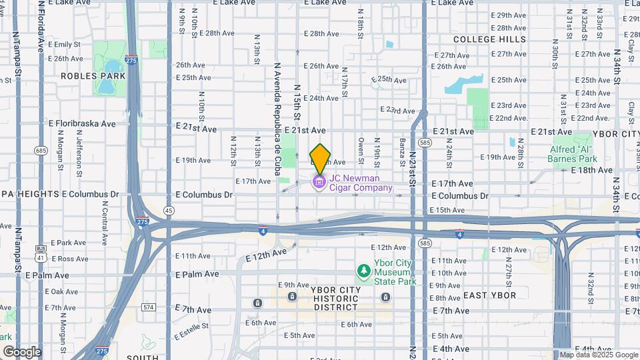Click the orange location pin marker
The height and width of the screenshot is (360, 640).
pyautogui.click(x=320, y=159)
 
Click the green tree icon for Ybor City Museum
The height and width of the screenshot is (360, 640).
pyautogui.click(x=363, y=271)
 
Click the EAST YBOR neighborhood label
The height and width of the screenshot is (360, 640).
pyautogui.click(x=489, y=295)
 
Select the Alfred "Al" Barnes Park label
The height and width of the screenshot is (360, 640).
pyautogui.click(x=571, y=153)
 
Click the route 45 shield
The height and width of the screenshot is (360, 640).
pyautogui.click(x=169, y=211)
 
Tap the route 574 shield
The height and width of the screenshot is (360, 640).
pyautogui.click(x=148, y=307)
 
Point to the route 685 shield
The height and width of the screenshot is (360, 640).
pyautogui.click(x=41, y=150)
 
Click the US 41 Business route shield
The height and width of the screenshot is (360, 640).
pyautogui.click(x=41, y=253)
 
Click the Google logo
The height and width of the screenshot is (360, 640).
pyautogui.click(x=22, y=351)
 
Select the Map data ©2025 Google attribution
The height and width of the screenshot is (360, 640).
pyautogui.click(x=598, y=355)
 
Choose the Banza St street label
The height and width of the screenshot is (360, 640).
pyautogui.click(x=402, y=153)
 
